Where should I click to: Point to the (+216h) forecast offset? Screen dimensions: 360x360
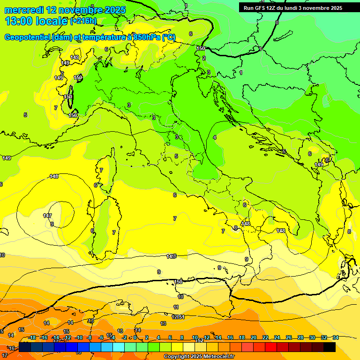tap(83, 21)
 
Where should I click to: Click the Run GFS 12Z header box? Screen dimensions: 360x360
tap(292, 8)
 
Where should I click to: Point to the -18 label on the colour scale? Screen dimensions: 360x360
tap(32, 337)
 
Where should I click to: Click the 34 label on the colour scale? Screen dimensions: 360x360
tap(336, 337)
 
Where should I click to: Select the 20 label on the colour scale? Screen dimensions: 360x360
tap(254, 337)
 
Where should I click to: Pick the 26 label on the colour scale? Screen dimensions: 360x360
tap(289, 337)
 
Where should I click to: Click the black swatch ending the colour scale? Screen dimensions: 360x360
tap(330, 347)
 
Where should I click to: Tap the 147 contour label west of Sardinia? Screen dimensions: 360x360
tap(47, 216)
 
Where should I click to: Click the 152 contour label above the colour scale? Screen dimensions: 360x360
tap(200, 341)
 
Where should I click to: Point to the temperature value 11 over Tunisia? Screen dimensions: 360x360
tap(176, 307)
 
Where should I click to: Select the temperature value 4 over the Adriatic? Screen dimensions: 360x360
tap(215, 137)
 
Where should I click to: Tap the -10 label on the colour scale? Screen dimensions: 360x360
tap(79, 337)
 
